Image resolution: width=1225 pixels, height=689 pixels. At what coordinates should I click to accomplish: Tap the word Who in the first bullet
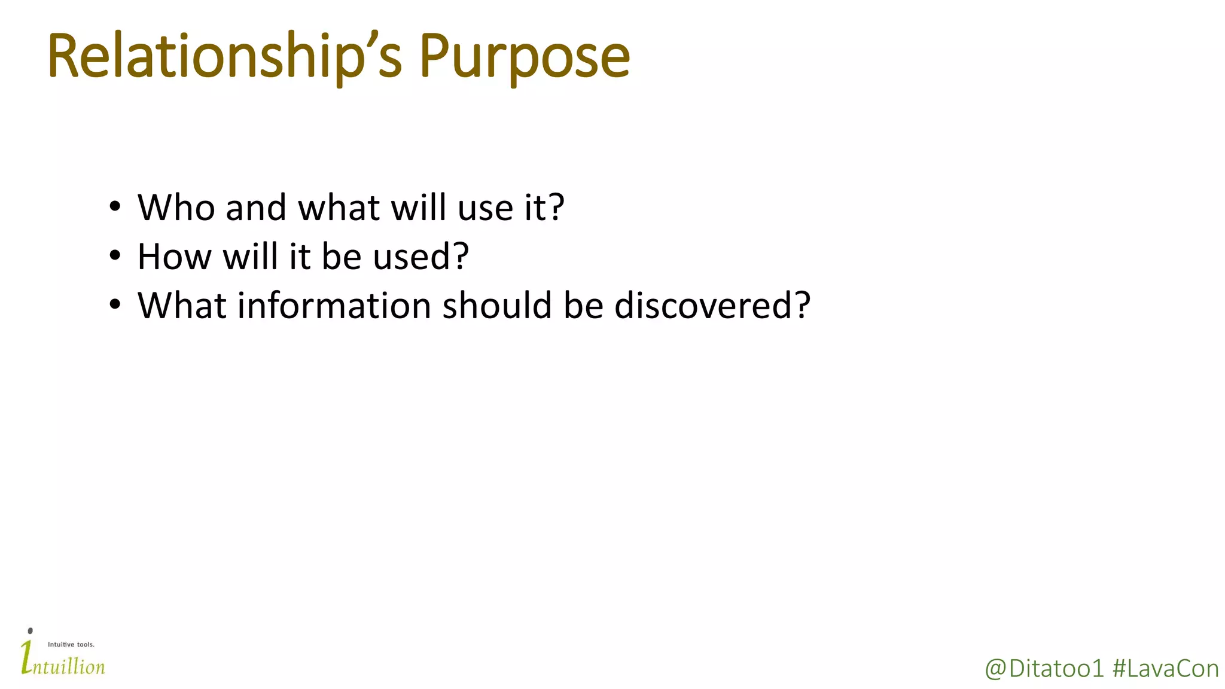(176, 208)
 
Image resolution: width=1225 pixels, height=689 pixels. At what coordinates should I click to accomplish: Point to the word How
(174, 257)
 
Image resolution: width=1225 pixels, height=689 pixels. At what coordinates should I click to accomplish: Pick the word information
(334, 306)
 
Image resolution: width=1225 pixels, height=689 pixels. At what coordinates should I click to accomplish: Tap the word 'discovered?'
(712, 306)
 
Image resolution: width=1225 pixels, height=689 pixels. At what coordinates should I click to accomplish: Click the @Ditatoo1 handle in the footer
(1044, 669)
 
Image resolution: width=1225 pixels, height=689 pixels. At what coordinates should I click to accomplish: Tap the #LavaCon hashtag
(1165, 669)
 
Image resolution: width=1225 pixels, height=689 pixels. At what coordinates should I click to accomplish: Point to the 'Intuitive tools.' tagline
(71, 645)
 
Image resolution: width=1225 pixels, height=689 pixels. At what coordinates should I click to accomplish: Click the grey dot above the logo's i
(31, 631)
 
